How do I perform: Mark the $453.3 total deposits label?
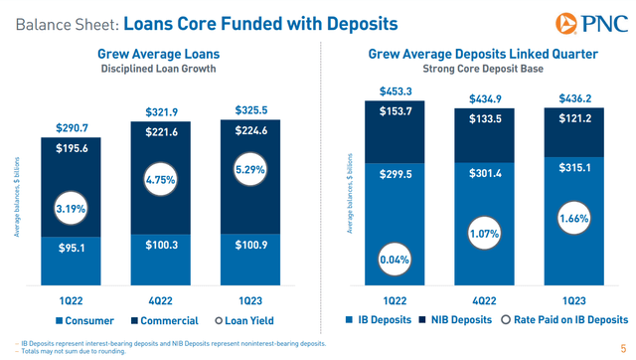(x=394, y=91)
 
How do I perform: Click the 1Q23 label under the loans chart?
(x=248, y=299)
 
